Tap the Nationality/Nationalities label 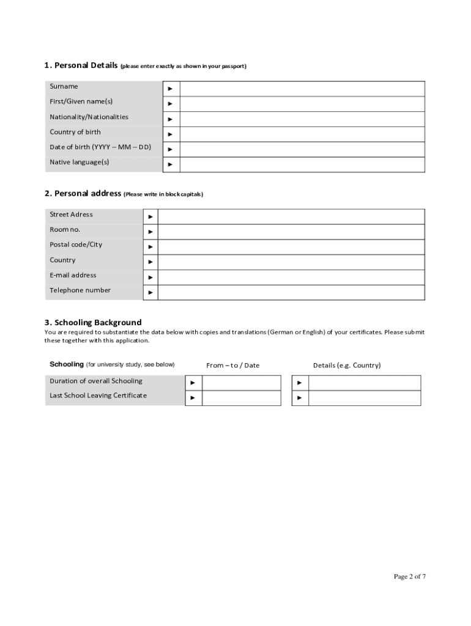coord(89,117)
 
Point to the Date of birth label coord(100,147)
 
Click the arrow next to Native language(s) coord(170,164)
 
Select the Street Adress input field coord(291,216)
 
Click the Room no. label coord(65,229)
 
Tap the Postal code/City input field coord(291,247)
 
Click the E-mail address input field coord(291,278)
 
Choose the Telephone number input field coord(291,293)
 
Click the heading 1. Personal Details coord(81,65)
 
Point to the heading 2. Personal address coord(83,193)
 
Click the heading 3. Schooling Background coord(93,322)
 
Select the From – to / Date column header coord(232,366)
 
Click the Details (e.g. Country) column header coord(347,366)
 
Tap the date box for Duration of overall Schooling coord(241,383)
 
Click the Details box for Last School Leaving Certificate coord(365,398)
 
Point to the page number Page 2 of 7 coord(410,576)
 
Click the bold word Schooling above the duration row coord(67,364)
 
